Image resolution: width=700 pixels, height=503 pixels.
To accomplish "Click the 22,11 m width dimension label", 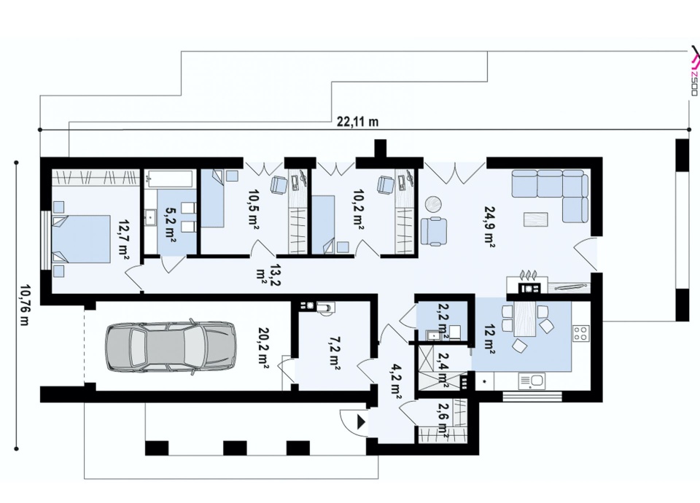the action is (357, 121).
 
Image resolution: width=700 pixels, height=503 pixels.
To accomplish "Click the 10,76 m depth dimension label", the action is (23, 305).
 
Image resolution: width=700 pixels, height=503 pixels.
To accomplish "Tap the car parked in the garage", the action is (171, 345).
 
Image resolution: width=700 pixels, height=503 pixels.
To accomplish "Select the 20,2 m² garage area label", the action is (263, 347).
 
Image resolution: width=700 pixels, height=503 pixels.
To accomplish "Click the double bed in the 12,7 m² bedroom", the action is (81, 239).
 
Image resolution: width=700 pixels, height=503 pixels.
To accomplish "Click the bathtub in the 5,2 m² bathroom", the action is (170, 179).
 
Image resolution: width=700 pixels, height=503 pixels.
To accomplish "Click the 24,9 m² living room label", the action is (489, 226).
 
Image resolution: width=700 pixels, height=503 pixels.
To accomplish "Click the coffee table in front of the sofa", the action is (536, 220).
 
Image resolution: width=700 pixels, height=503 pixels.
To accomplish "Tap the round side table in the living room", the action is (433, 204).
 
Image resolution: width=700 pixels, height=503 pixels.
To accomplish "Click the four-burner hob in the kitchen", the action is (580, 333).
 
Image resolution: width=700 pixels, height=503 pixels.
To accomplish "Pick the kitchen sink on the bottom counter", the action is (532, 381).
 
